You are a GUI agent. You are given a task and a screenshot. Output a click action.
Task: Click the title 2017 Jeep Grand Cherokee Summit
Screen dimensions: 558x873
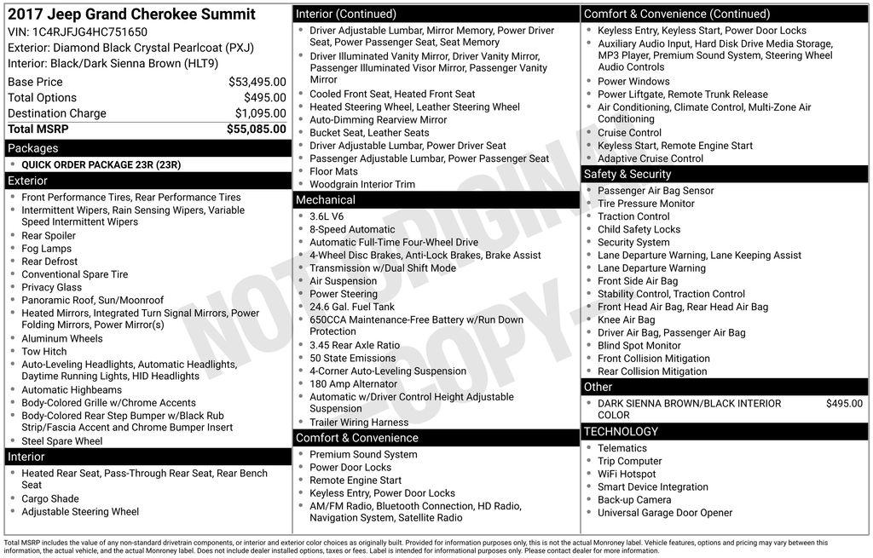(131, 14)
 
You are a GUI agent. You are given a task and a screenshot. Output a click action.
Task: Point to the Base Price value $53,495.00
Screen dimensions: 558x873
(257, 82)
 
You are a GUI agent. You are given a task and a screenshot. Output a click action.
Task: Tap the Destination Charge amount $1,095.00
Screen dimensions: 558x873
(260, 113)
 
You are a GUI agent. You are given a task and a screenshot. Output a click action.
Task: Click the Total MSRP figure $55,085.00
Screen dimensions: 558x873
(256, 129)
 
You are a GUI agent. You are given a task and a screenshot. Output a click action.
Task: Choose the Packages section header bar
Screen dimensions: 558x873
(147, 148)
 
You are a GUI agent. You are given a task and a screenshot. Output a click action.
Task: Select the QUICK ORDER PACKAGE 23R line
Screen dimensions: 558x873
(101, 164)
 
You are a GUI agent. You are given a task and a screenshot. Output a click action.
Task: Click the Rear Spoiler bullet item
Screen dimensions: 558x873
(49, 236)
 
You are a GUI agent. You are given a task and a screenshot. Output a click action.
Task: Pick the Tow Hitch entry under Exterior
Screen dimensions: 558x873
(44, 352)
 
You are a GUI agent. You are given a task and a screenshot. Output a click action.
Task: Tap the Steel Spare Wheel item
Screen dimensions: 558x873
(62, 441)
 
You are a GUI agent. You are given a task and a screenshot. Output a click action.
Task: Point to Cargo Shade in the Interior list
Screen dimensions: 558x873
(50, 499)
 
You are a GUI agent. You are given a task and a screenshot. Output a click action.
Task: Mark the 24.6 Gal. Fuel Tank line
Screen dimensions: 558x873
(352, 307)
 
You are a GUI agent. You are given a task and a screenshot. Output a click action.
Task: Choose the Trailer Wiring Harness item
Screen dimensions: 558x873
(359, 423)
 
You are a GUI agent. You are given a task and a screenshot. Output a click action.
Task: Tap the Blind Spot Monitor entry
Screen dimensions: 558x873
(639, 346)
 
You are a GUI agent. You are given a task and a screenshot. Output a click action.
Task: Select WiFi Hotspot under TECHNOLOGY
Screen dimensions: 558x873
(627, 474)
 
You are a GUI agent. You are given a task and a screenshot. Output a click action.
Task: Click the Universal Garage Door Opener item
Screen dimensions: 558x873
(665, 513)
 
